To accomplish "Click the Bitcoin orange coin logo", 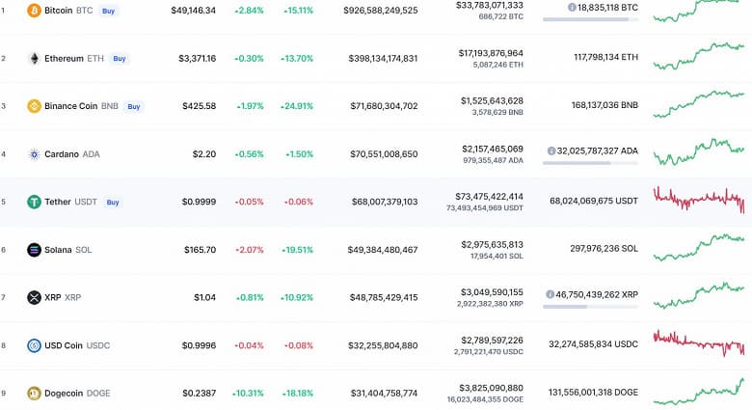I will (34, 11).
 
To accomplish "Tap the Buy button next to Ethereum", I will (119, 58).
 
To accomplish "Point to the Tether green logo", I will (34, 202).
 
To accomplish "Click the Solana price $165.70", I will (200, 250).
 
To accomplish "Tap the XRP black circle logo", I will (34, 297).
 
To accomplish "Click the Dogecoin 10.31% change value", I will (248, 393).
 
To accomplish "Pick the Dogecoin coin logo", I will (34, 393).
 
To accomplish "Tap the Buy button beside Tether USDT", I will (113, 202).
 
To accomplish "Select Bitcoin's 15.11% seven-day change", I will (298, 11).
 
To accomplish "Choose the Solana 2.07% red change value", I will (248, 250).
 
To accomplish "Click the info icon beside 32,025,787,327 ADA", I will (551, 150).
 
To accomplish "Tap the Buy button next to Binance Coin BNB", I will (133, 106).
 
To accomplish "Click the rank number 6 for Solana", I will (4, 250).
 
